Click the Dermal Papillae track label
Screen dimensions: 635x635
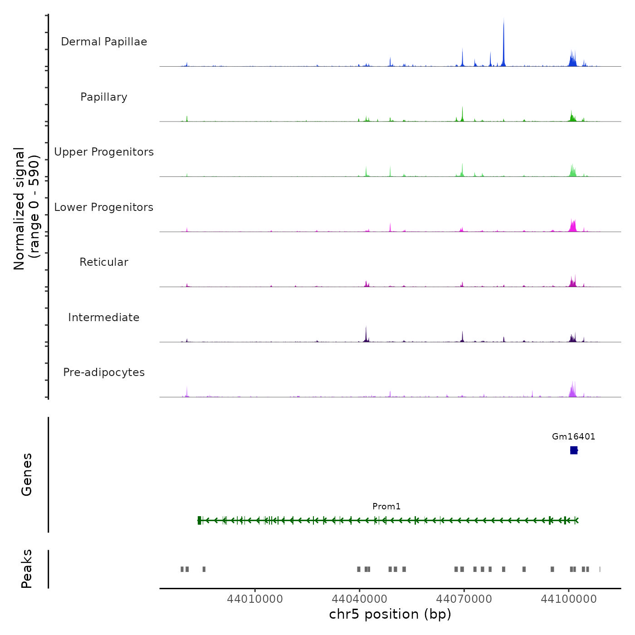104,42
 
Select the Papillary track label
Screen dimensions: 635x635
104,97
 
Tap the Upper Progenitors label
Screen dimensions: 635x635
104,152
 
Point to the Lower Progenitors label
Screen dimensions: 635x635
104,207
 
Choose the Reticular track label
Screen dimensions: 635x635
104,262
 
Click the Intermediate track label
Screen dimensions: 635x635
104,317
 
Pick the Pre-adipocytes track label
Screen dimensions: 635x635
104,372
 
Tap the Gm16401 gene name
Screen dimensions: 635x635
573,437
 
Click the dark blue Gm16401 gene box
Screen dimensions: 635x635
574,450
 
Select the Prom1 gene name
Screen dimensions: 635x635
386,507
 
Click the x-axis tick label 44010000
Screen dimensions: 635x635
255,599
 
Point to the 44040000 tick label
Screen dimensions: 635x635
359,599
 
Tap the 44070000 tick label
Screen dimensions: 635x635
464,599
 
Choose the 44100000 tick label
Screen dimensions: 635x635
568,599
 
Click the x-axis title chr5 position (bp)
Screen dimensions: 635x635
390,615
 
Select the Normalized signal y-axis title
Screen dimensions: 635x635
26,209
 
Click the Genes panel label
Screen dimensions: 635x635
26,474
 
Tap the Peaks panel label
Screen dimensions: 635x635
26,569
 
